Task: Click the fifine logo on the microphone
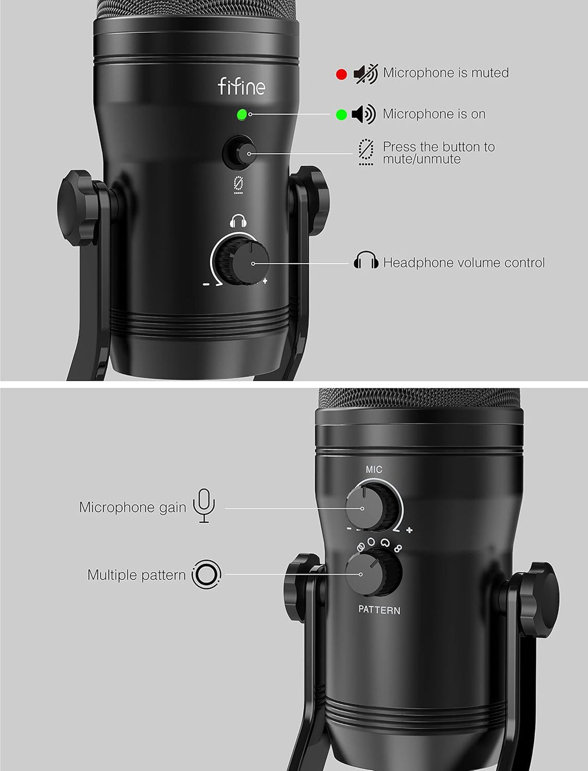(241, 87)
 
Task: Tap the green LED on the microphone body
(242, 115)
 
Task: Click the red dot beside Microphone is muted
(341, 74)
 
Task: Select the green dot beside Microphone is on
(341, 115)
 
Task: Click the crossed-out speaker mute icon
(365, 74)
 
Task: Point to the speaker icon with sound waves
(363, 114)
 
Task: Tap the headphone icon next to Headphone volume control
(366, 262)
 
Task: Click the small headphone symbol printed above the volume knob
(238, 221)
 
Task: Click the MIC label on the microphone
(374, 469)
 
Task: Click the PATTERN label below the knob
(379, 610)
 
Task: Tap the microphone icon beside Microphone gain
(204, 506)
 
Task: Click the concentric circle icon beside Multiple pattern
(206, 574)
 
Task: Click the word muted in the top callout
(489, 73)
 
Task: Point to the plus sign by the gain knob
(409, 530)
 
